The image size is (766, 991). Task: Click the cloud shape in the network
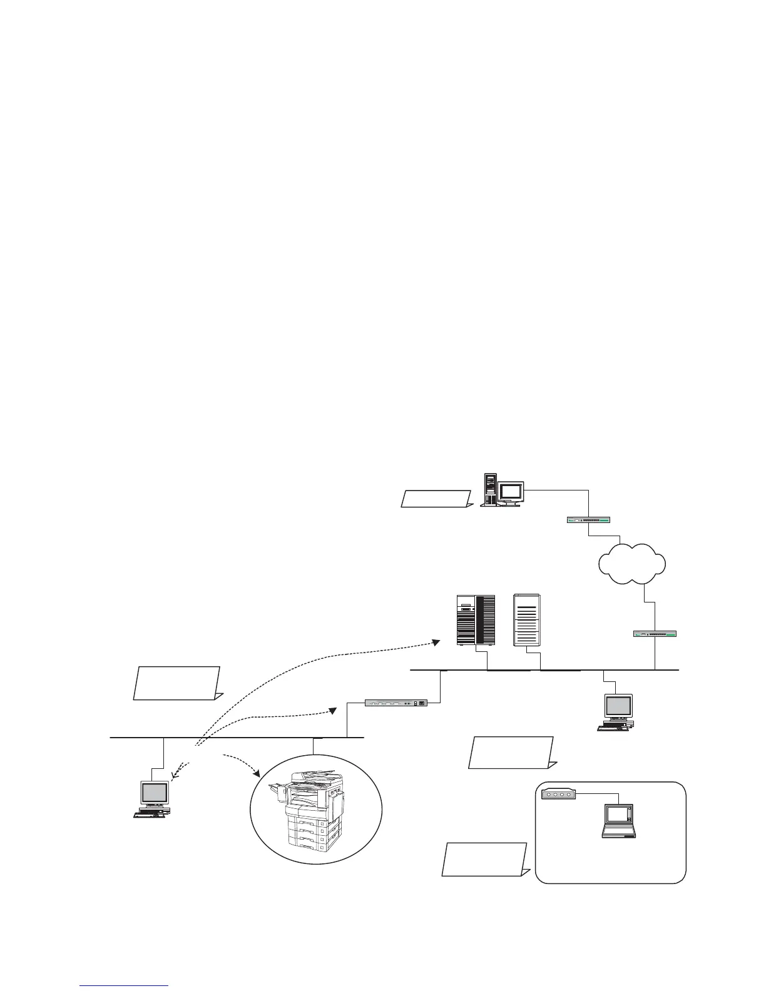click(x=631, y=562)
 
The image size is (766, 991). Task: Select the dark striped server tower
click(x=476, y=620)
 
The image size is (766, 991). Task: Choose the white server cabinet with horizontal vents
click(x=526, y=620)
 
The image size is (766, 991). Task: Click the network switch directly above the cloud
click(x=588, y=519)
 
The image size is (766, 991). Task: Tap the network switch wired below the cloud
click(x=655, y=634)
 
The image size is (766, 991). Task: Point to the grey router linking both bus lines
click(x=396, y=703)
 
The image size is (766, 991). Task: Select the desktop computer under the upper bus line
click(x=616, y=712)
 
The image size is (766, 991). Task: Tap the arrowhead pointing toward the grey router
click(x=335, y=711)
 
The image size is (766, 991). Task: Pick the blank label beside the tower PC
click(x=436, y=499)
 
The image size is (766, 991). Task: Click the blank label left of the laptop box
click(x=484, y=860)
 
